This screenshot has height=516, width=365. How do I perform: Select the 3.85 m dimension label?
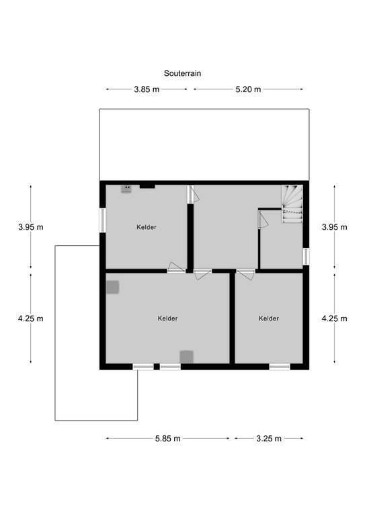[147, 89]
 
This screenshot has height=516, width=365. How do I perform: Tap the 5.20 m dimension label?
[247, 89]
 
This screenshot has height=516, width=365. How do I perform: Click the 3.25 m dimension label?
[268, 439]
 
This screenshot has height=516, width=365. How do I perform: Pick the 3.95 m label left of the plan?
[31, 227]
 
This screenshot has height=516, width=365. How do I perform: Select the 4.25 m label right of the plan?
[334, 318]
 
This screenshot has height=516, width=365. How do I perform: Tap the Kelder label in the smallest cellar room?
[268, 318]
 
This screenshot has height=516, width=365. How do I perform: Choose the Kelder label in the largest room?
[168, 318]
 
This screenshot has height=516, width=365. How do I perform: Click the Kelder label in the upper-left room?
[147, 227]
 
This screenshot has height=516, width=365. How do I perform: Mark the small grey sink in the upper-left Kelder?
[126, 189]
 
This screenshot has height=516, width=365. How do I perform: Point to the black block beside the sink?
[147, 186]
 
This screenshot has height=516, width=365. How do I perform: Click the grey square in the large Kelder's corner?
[113, 287]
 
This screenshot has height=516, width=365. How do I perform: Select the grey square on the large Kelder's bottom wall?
[186, 357]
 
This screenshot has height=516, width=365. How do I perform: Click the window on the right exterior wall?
[306, 256]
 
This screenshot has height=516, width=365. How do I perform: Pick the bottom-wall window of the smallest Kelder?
[279, 366]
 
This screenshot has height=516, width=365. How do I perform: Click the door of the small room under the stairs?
[262, 220]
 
